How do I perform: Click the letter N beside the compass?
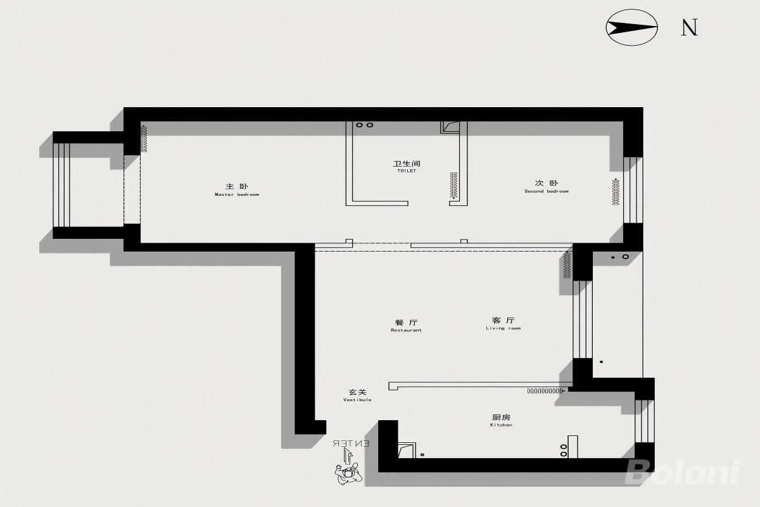tap(690, 27)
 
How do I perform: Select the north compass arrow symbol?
tap(632, 27)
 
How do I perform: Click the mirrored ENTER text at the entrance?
tap(350, 444)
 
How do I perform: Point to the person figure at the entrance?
tap(348, 473)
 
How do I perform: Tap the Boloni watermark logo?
tap(683, 472)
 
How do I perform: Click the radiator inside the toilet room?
tap(453, 186)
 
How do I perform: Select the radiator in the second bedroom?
tap(616, 191)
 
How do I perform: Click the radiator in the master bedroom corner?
tap(144, 139)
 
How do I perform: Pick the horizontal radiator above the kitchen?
tap(545, 391)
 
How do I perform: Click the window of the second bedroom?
tap(633, 190)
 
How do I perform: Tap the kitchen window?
tap(645, 421)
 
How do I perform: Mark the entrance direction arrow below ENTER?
tap(348, 456)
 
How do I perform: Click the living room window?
tap(583, 319)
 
